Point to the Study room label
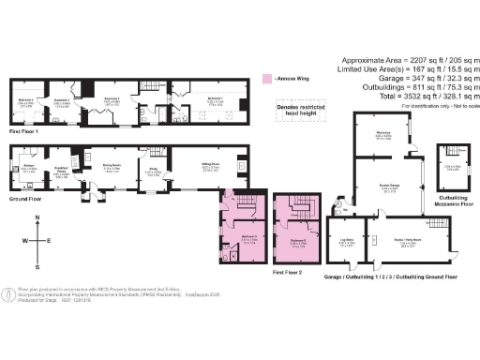(154, 172)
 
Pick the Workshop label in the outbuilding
(382, 134)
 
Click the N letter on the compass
(37, 219)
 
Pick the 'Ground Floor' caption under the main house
(24, 200)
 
